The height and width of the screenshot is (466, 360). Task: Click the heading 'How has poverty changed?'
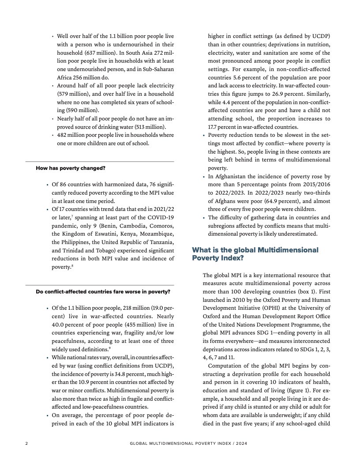[x=70, y=168]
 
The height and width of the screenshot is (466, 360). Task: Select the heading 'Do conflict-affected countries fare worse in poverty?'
[x=103, y=291]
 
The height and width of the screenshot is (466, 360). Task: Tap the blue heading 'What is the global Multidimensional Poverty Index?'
[x=255, y=254]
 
